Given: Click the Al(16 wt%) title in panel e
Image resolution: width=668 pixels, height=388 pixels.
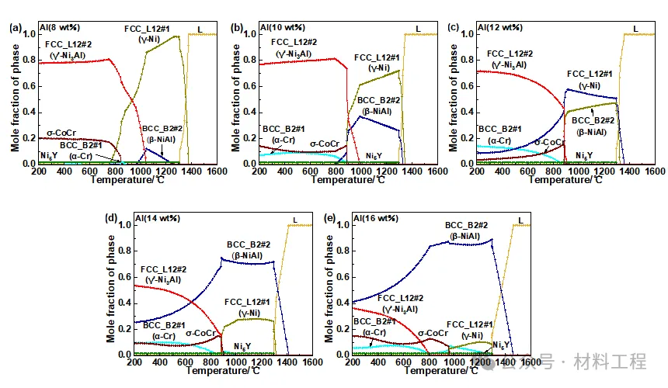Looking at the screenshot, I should (x=376, y=220).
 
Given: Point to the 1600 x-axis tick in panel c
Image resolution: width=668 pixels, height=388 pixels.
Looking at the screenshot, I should (x=655, y=171).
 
